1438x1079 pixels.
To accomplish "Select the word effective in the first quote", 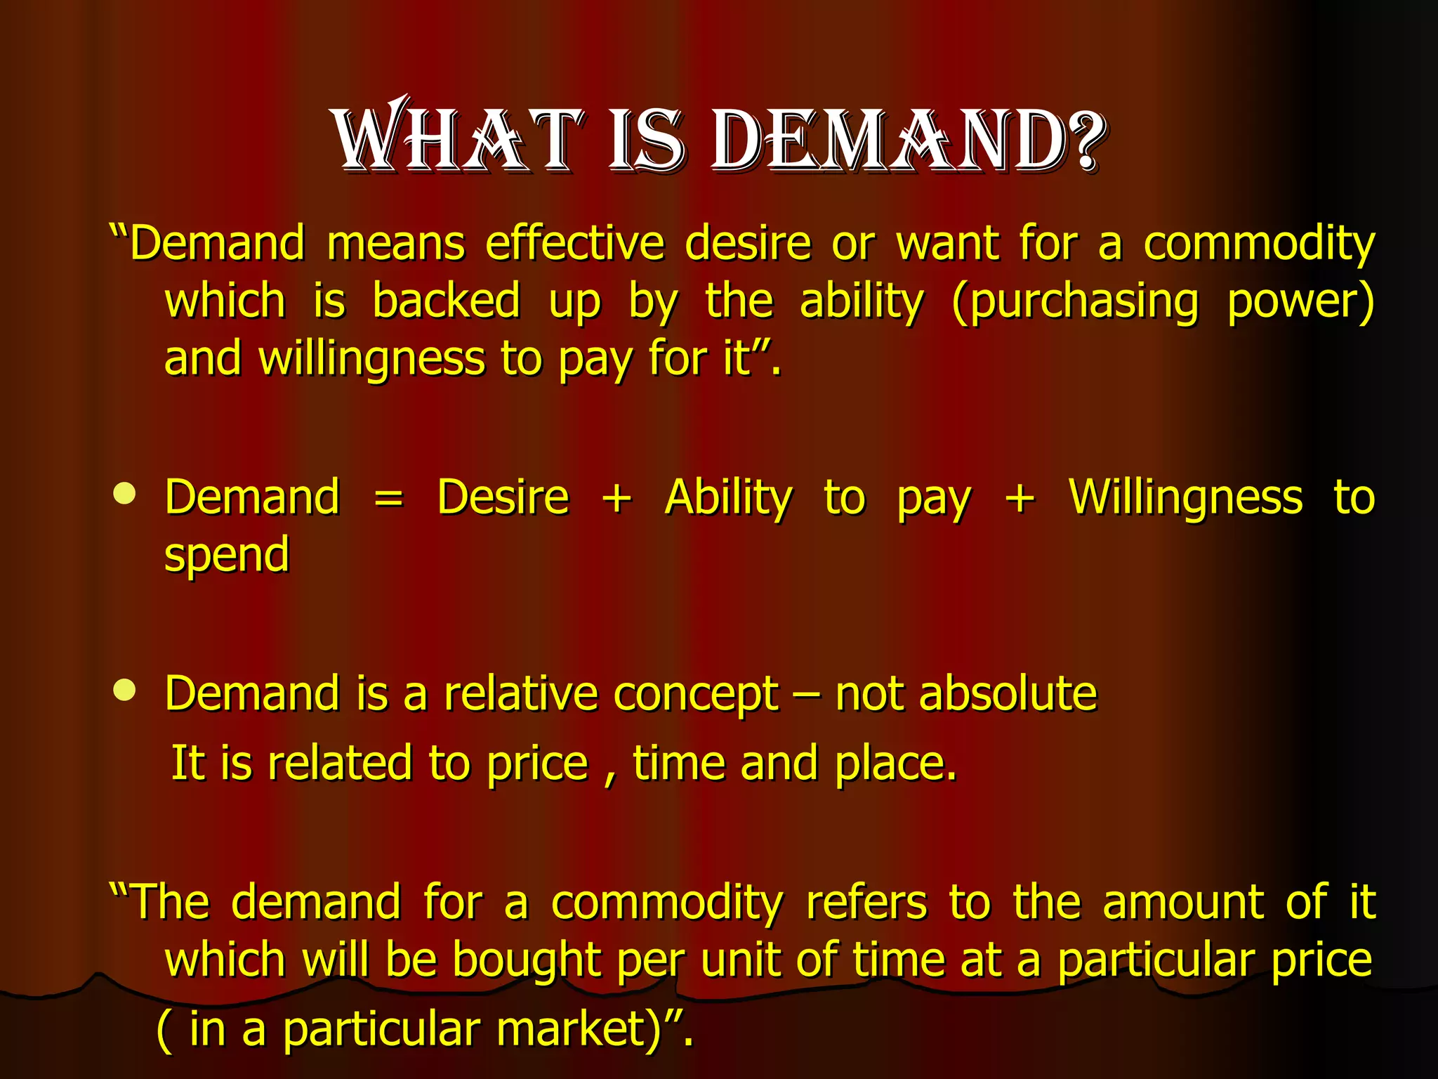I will point(575,244).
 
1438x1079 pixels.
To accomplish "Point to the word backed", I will point(447,301).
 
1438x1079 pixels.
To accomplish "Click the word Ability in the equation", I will point(728,497).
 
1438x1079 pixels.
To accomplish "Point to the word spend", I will point(226,555).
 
